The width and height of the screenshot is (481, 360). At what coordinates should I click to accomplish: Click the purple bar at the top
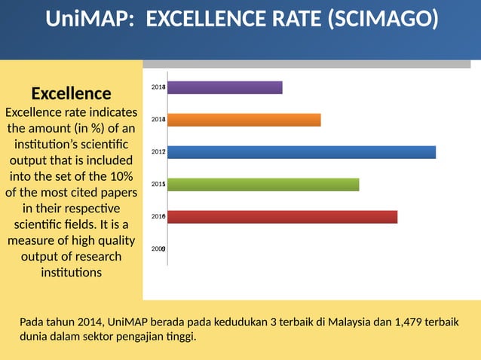click(x=225, y=87)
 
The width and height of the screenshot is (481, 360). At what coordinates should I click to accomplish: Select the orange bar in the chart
click(x=244, y=120)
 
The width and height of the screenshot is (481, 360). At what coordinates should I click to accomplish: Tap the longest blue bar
click(x=301, y=152)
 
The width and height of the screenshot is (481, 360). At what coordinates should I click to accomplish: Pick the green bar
click(x=262, y=185)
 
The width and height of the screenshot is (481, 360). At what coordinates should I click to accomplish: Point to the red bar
click(x=282, y=217)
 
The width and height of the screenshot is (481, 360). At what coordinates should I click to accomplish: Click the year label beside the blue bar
click(x=158, y=152)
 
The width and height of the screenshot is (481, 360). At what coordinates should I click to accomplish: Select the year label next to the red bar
click(x=158, y=217)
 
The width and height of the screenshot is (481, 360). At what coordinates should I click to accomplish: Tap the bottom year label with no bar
click(x=158, y=249)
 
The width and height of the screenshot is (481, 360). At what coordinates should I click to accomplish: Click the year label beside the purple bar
click(x=158, y=87)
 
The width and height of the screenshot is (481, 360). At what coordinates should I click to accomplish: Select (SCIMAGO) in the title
click(x=382, y=19)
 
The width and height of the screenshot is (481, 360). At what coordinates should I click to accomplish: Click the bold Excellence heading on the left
click(x=71, y=93)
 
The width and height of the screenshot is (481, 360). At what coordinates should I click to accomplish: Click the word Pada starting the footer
click(x=32, y=322)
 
